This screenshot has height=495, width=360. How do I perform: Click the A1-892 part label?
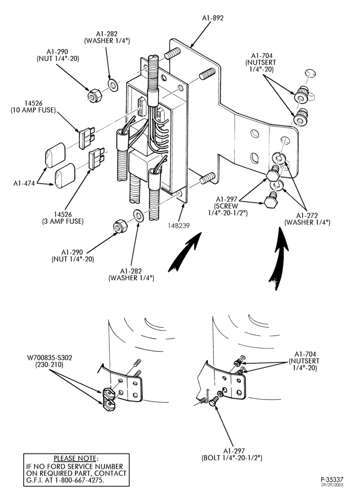(x=213, y=18)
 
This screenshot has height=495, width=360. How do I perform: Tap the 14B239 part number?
(x=179, y=226)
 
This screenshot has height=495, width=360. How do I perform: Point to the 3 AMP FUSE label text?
(x=63, y=221)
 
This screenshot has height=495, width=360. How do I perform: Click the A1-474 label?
(x=24, y=183)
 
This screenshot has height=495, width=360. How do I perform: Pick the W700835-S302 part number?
(x=49, y=358)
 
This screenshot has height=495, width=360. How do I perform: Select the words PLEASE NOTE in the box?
(x=75, y=458)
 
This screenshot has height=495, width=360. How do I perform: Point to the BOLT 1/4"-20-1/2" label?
(x=232, y=458)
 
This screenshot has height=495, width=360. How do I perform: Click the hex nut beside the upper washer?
(x=93, y=95)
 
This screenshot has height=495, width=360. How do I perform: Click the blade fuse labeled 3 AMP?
(x=96, y=158)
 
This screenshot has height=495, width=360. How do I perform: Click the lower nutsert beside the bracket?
(x=300, y=117)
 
